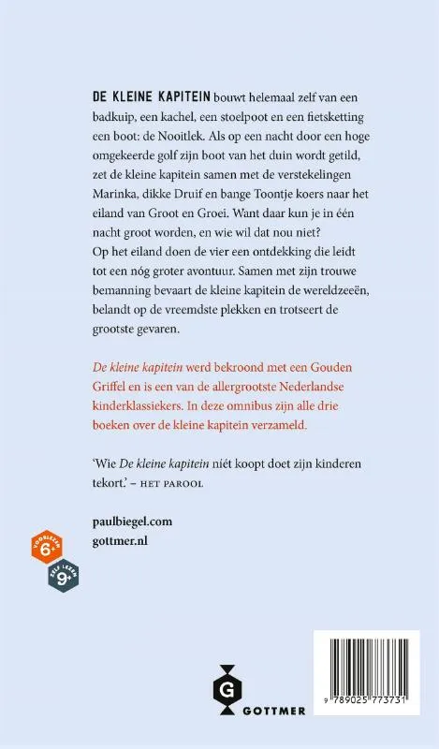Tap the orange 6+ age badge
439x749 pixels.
pos(45,550)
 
